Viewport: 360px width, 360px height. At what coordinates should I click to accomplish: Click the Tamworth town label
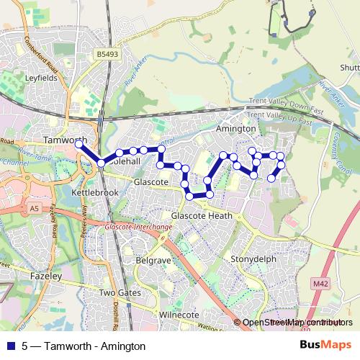(66, 140)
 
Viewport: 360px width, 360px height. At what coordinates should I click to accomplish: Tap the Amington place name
(236, 128)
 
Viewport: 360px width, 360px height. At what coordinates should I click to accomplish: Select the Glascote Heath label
(202, 215)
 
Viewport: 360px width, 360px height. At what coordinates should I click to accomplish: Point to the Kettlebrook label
(95, 194)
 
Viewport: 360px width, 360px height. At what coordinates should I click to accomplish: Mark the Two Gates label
(117, 293)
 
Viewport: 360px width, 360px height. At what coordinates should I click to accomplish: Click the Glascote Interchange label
(139, 228)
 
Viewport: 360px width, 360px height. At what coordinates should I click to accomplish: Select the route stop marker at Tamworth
(78, 145)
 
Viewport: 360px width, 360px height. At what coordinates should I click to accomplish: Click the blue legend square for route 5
(9, 346)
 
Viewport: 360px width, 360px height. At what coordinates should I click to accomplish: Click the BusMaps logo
(325, 346)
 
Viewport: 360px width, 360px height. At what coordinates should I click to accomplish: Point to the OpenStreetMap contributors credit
(296, 323)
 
